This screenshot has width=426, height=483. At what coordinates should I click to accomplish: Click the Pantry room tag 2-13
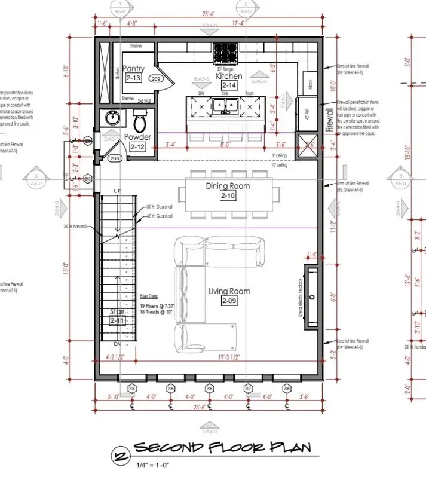[x=133, y=78]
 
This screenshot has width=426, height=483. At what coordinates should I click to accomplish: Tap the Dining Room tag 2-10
[x=228, y=196]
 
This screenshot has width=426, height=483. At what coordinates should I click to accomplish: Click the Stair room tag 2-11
[x=117, y=321]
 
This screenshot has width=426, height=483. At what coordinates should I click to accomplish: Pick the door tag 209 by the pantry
[x=157, y=78]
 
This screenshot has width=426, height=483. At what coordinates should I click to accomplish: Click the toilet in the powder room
[x=140, y=123]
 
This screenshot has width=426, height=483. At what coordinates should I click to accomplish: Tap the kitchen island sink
[x=226, y=106]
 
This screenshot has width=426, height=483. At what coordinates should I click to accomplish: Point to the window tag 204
[x=132, y=388]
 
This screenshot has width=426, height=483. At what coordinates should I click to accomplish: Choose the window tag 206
[x=209, y=388]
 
